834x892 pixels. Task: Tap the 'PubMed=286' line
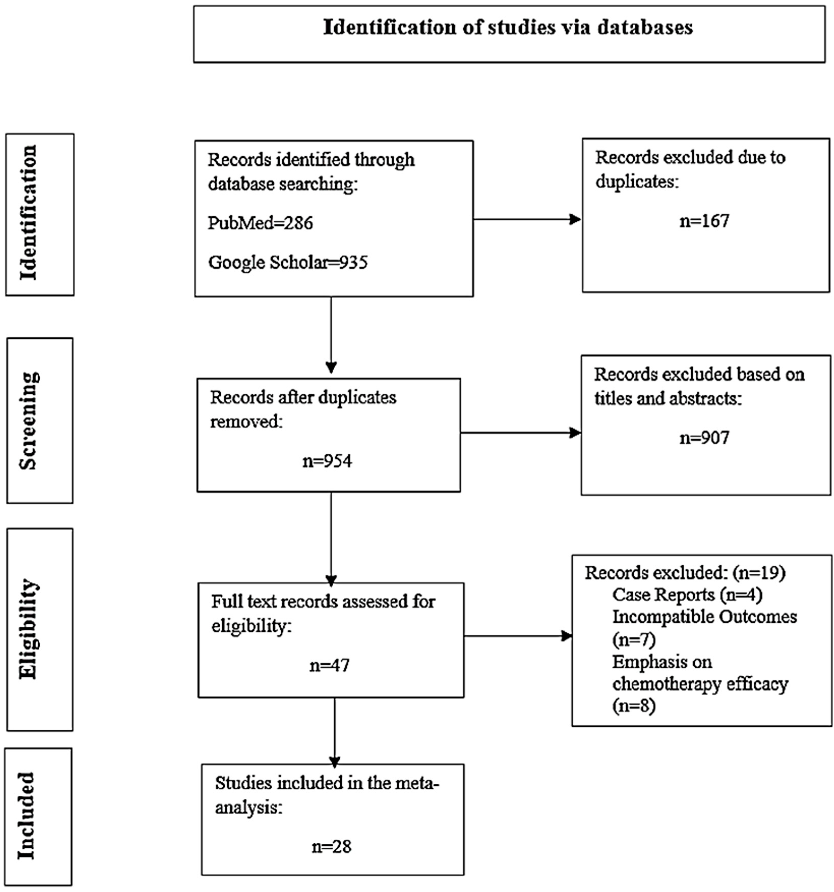[x=260, y=223]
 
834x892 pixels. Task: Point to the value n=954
[x=327, y=461]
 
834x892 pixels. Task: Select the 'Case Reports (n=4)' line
[x=687, y=594]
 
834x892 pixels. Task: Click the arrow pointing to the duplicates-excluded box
[x=527, y=219]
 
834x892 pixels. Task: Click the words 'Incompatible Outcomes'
[x=704, y=617]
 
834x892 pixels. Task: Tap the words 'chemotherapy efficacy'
[x=700, y=684]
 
